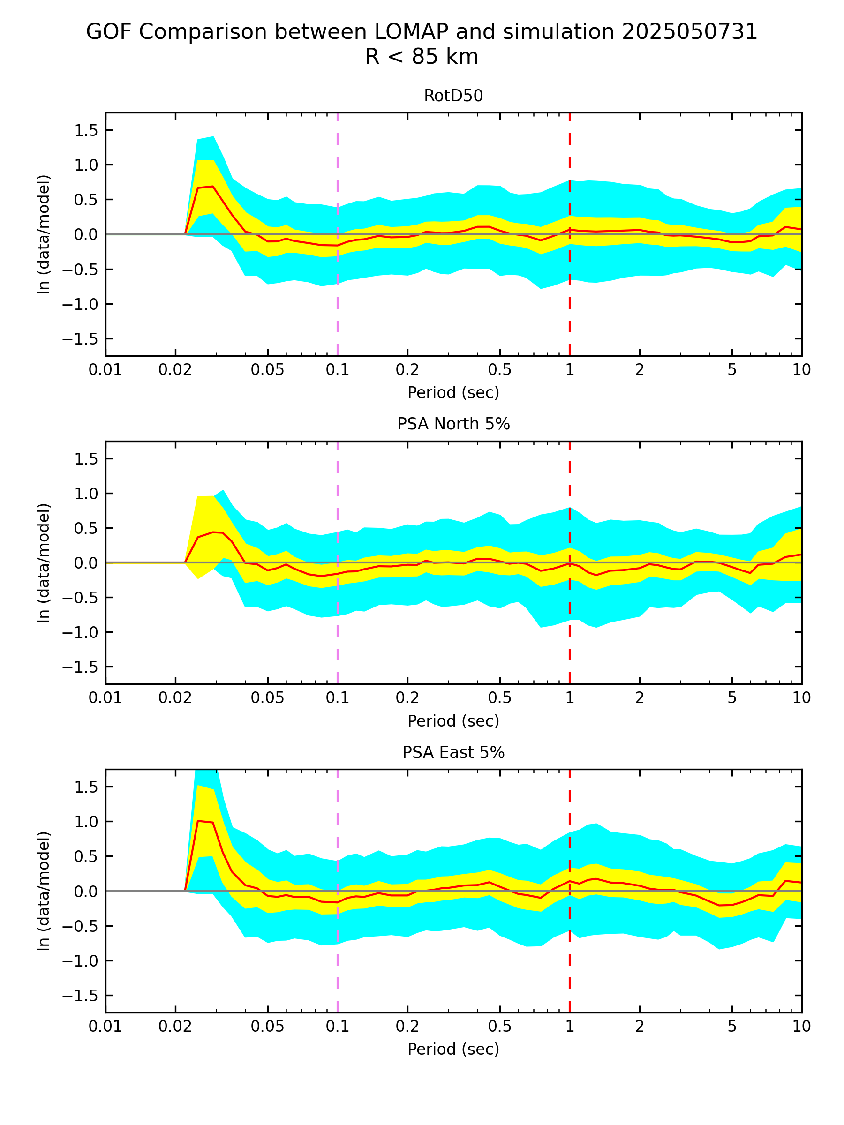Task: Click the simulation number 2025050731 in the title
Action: click(x=689, y=32)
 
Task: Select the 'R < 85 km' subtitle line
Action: click(x=422, y=56)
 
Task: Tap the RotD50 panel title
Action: click(x=453, y=96)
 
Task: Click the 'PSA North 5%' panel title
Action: click(x=453, y=424)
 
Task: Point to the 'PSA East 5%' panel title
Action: click(x=453, y=752)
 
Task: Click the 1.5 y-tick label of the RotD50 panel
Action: click(x=86, y=131)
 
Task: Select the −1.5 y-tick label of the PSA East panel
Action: click(x=80, y=995)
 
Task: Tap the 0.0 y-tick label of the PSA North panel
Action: click(x=86, y=563)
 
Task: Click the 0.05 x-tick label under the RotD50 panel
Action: click(x=268, y=370)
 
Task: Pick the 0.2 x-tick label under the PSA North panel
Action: click(x=407, y=698)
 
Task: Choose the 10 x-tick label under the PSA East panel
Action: click(x=802, y=1027)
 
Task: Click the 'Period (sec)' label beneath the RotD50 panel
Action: click(x=453, y=392)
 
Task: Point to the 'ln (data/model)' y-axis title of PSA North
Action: click(x=44, y=562)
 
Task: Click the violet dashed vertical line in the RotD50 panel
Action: click(x=338, y=305)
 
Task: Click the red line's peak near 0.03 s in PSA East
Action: click(x=199, y=821)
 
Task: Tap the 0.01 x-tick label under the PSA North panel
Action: click(x=105, y=698)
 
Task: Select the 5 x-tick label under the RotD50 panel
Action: click(x=732, y=370)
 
